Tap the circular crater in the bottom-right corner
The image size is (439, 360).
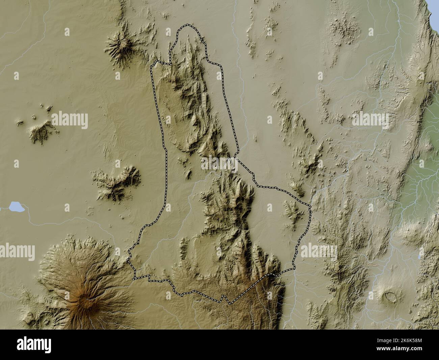pos(390,296)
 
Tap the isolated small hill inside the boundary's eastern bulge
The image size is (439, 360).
pos(291,211)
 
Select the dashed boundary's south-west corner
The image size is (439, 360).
pos(134,278)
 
